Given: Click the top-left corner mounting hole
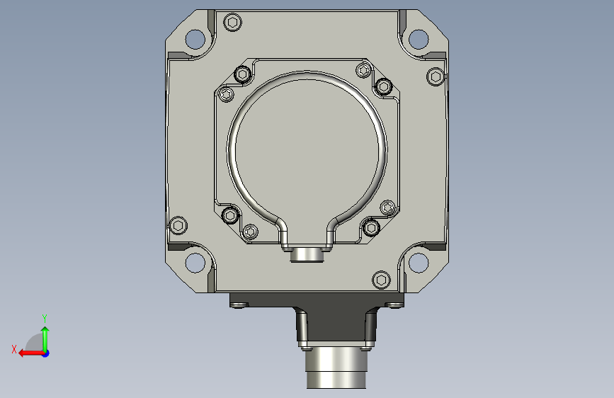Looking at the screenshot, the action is [x=195, y=39].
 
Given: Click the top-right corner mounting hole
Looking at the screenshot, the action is [x=419, y=39].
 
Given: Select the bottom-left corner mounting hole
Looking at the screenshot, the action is [x=195, y=263].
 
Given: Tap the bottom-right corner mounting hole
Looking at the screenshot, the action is [x=419, y=263].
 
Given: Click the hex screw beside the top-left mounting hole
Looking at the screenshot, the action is [x=232, y=23].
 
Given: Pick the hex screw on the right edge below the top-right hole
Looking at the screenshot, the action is [x=436, y=76].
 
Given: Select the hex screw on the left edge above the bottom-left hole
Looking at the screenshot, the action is [x=178, y=225].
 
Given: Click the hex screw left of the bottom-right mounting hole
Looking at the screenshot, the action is [x=381, y=280].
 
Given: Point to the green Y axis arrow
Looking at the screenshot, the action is [x=45, y=339].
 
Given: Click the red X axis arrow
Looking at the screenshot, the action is [x=31, y=353].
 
